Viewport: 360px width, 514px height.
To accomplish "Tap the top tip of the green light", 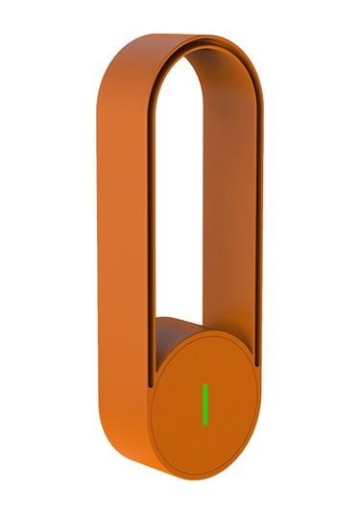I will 204,385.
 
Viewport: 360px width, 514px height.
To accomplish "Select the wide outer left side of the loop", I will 120,240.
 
